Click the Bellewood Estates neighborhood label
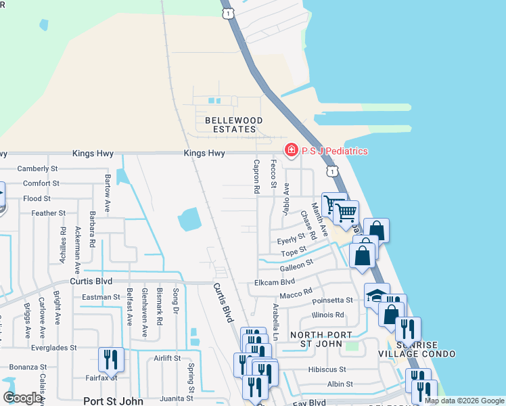(x=231, y=124)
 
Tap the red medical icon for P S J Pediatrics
(x=291, y=150)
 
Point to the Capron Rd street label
(x=256, y=178)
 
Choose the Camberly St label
(x=38, y=168)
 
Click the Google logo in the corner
(x=22, y=398)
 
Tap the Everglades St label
(x=58, y=348)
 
